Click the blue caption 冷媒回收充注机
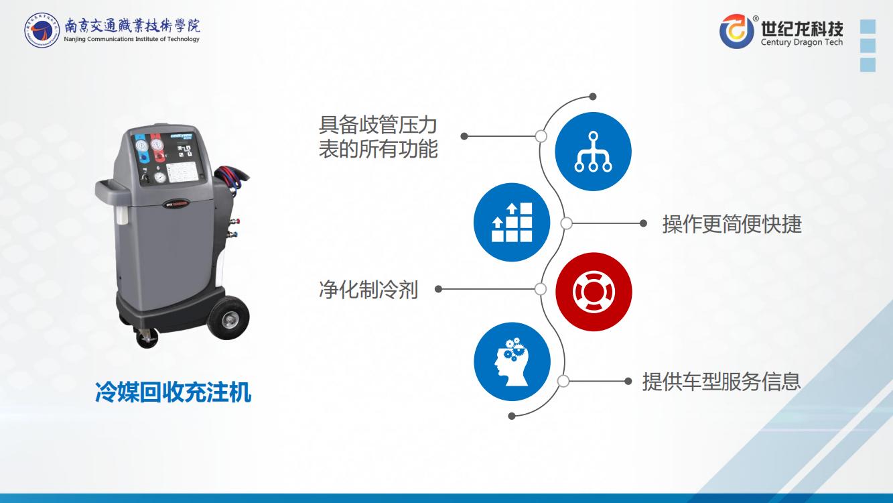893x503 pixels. (173, 392)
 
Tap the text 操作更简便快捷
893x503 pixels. (732, 223)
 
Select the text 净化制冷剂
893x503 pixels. (368, 290)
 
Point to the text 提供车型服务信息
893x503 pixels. (722, 381)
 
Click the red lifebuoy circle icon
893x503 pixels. (594, 292)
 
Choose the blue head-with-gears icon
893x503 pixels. (512, 361)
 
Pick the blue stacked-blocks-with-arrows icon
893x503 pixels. (512, 223)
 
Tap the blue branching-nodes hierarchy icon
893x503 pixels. (593, 152)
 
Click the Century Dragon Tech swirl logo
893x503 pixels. (736, 31)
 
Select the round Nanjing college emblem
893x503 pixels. (42, 30)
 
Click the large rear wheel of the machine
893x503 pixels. (228, 318)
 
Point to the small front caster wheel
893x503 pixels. (147, 338)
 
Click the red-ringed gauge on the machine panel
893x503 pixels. (157, 145)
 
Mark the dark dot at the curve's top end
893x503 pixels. (593, 96)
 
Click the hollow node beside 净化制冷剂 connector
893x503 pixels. (540, 289)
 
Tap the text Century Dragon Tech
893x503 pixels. (802, 42)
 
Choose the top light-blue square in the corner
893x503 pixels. (868, 26)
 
